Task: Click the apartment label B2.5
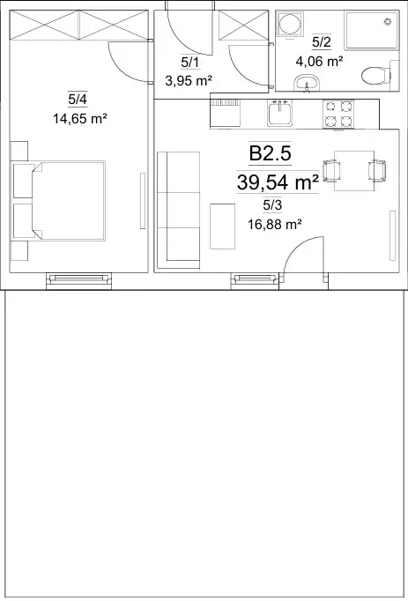270,154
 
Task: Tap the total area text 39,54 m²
278,182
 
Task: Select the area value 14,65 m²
80,119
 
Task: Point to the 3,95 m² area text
189,81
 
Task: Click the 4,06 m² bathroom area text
319,61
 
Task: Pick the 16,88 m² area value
273,224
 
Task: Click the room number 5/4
78,100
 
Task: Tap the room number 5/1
190,63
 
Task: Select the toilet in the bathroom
375,76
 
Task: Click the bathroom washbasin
307,83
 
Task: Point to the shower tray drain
389,21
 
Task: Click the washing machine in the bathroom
290,25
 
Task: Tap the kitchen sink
279,113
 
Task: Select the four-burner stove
338,114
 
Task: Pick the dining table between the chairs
354,171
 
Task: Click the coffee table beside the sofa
222,226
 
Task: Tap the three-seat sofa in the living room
179,210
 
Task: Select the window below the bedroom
78,280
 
